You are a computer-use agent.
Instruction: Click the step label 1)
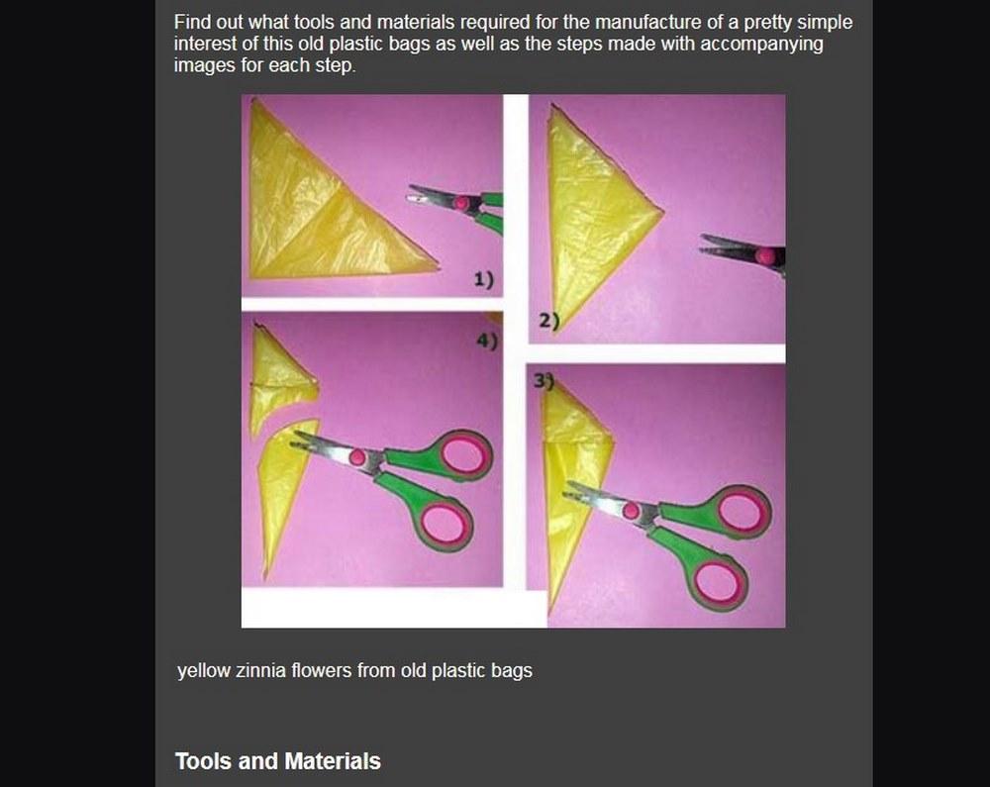click(x=484, y=279)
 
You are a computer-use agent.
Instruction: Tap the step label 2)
click(x=548, y=322)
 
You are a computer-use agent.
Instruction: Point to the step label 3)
click(x=543, y=380)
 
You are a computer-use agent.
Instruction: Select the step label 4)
click(x=487, y=341)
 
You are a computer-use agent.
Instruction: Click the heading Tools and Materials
click(x=278, y=761)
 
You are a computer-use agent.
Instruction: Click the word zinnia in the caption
click(x=261, y=670)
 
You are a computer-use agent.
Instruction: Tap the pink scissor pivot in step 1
click(x=462, y=203)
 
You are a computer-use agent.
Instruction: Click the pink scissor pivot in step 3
click(x=631, y=511)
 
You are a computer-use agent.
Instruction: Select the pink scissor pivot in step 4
click(x=358, y=457)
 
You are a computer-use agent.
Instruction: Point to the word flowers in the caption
click(x=323, y=670)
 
